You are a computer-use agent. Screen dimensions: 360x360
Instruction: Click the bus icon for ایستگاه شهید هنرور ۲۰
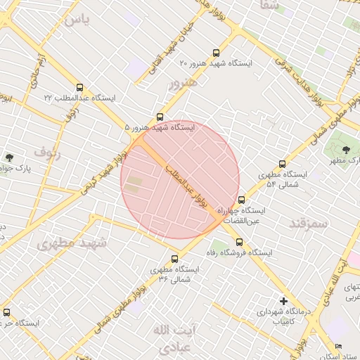pos(216,53)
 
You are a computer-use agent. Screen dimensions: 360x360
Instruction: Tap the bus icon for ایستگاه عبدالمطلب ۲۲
pos(78,87)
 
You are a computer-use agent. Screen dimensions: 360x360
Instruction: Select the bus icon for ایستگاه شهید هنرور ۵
pos(160,117)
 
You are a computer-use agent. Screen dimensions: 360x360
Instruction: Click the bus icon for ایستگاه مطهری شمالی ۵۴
pos(283,164)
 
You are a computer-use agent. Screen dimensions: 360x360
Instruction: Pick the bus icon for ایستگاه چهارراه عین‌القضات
pos(242,200)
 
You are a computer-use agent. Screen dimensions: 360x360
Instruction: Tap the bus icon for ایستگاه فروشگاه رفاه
pos(239,241)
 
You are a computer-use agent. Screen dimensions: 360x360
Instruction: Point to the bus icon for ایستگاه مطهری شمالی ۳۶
pos(175,259)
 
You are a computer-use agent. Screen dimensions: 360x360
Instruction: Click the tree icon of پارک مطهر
pos(346,150)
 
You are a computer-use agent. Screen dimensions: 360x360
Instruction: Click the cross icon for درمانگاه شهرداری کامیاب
pos(283,300)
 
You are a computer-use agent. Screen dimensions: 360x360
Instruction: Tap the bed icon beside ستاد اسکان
pos(338,347)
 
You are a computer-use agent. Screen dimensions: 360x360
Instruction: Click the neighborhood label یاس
pos(77,19)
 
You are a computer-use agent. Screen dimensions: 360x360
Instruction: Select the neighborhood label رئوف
pos(48,151)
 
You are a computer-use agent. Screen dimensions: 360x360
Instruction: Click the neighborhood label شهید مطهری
pos(72,244)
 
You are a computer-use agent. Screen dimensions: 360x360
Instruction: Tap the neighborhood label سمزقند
pos(308,224)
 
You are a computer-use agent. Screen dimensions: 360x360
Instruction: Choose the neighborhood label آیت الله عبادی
pos(171,338)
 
